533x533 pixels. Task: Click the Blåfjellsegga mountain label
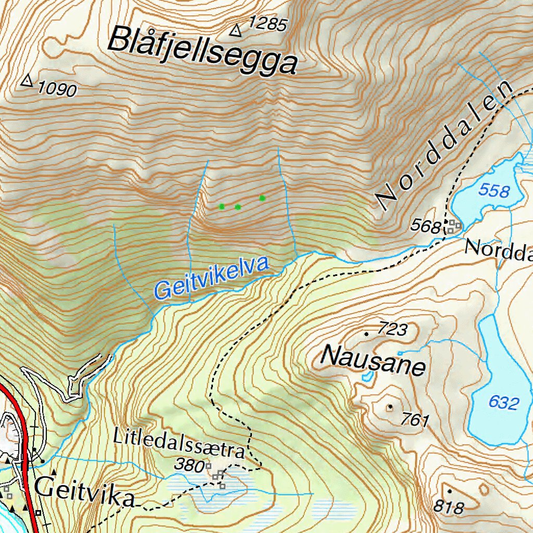coord(203,50)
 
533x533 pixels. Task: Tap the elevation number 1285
coord(268,24)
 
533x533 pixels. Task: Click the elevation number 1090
coord(57,90)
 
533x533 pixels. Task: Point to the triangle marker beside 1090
coord(27,81)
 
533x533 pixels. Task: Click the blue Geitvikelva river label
coord(212,278)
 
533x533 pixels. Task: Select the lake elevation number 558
coord(494,191)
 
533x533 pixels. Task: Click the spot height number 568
coord(426,226)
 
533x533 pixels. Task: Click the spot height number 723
coord(391,329)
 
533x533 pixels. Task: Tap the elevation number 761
coord(415,420)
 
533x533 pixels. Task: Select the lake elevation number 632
coord(504,402)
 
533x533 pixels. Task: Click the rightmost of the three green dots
coord(262,198)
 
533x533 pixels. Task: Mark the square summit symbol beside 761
coord(390,407)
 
